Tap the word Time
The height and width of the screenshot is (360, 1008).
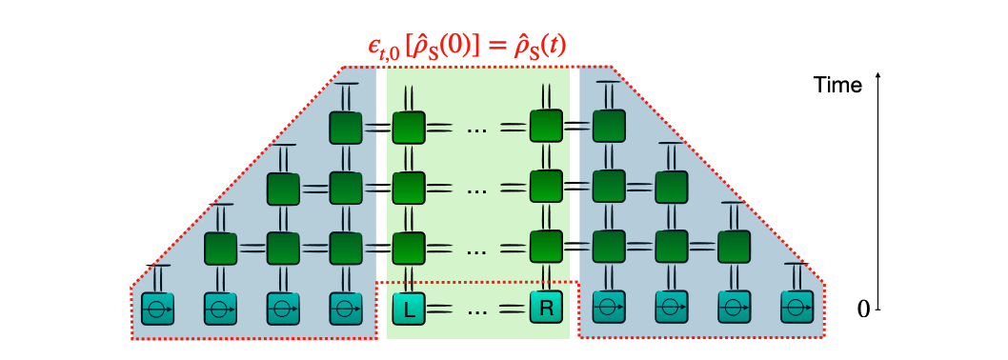(x=837, y=85)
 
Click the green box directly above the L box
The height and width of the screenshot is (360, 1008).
(x=408, y=249)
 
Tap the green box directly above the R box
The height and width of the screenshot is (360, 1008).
(x=547, y=249)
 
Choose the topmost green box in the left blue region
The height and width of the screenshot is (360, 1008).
(x=345, y=127)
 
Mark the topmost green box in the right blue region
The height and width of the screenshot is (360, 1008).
(x=608, y=127)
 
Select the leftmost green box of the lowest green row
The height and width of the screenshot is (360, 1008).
(x=220, y=249)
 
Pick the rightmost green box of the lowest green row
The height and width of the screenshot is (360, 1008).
(x=733, y=249)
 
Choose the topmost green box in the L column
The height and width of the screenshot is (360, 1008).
(x=408, y=127)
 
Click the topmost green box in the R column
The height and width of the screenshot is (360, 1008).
(x=547, y=127)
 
